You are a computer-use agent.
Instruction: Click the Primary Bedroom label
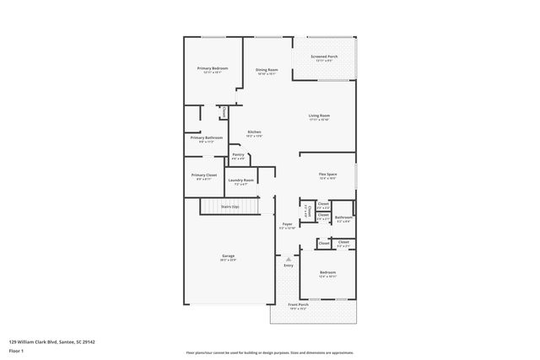click(x=213, y=68)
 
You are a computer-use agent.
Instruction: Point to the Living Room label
click(x=318, y=116)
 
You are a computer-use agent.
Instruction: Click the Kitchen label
click(x=254, y=132)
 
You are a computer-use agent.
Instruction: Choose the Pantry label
click(x=238, y=154)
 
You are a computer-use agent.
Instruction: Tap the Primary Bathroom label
click(x=206, y=137)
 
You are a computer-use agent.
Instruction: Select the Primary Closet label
click(x=204, y=175)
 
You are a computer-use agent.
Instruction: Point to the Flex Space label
click(x=327, y=175)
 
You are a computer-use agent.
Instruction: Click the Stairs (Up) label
click(x=229, y=207)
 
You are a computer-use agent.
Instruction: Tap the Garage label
click(x=228, y=256)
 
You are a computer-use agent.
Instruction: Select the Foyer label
click(x=287, y=225)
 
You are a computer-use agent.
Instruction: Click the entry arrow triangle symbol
click(x=288, y=259)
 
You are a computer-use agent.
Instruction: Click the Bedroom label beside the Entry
click(x=327, y=272)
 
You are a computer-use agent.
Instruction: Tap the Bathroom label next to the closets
click(x=343, y=218)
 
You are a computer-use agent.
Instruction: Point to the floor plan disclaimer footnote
click(x=269, y=354)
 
